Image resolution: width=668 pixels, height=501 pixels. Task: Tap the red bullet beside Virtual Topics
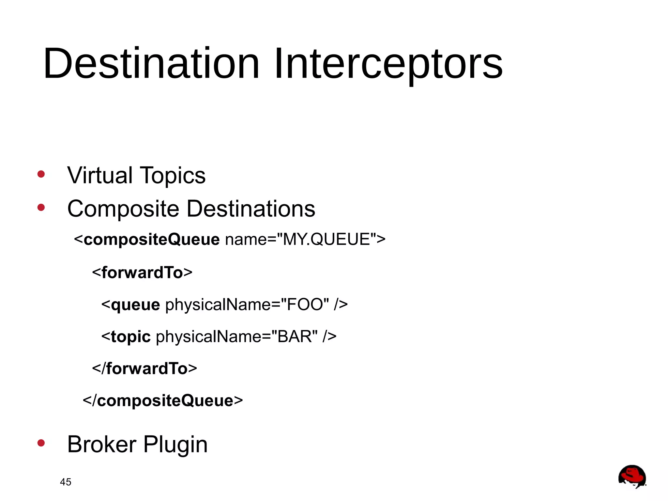(x=41, y=174)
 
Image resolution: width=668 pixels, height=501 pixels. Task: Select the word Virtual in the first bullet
(x=99, y=175)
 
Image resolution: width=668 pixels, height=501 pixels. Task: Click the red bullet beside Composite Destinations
(x=41, y=207)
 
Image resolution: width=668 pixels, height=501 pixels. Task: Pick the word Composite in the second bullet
(x=123, y=209)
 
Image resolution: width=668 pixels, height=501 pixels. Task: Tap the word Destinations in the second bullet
(x=251, y=209)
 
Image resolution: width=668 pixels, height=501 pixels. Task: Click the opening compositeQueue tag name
(x=151, y=240)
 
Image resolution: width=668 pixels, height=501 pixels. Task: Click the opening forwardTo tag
(x=142, y=273)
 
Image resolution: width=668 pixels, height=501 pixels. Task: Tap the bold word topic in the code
(x=130, y=337)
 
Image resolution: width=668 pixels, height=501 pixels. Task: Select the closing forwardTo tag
(x=144, y=368)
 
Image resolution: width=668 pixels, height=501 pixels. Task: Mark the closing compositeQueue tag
(x=163, y=400)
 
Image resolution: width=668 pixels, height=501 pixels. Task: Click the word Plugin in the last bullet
(x=175, y=445)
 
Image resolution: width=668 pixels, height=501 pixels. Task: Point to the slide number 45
(x=66, y=482)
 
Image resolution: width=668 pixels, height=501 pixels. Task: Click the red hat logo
(x=632, y=477)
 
